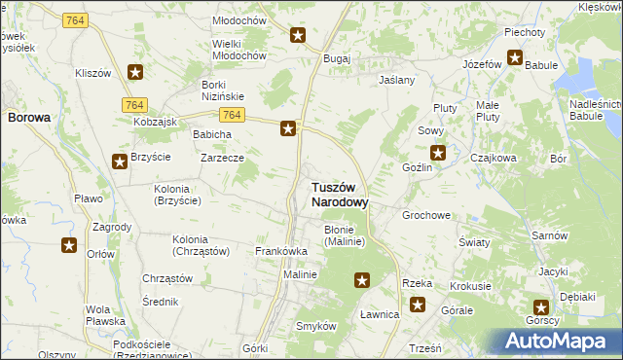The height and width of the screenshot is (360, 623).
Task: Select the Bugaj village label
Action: pyautogui.click(x=337, y=58)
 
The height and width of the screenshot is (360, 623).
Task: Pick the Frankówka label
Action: pyautogui.click(x=281, y=251)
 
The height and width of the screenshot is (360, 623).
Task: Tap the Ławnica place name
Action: pyautogui.click(x=380, y=314)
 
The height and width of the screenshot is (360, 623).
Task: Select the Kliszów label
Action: pyautogui.click(x=93, y=73)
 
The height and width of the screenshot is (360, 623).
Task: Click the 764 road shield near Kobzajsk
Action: pyautogui.click(x=134, y=104)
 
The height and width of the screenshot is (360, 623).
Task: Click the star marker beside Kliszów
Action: pyautogui.click(x=135, y=71)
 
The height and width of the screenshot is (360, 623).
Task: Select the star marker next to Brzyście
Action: pyautogui.click(x=119, y=162)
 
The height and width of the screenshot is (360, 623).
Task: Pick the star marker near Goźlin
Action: pyautogui.click(x=438, y=152)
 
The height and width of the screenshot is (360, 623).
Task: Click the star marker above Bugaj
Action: pyautogui.click(x=298, y=36)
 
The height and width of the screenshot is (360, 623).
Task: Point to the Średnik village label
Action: pyautogui.click(x=160, y=302)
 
